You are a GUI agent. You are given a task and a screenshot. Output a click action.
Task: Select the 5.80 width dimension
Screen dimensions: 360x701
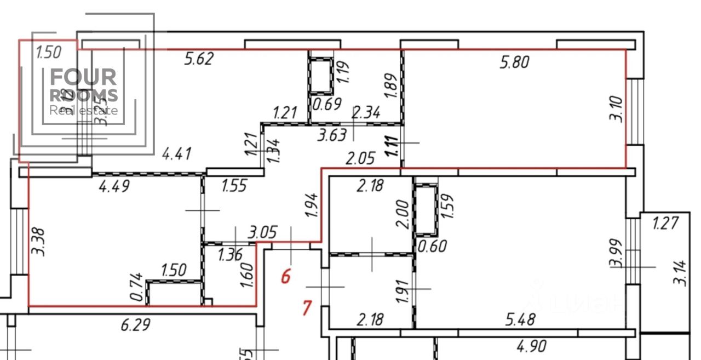tap(514, 62)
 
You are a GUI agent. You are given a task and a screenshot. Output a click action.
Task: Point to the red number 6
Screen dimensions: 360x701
tap(285, 276)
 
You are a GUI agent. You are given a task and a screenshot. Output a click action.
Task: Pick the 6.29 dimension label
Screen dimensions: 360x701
tap(136, 326)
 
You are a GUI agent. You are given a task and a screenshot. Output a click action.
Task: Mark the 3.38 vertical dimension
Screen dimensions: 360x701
tap(38, 243)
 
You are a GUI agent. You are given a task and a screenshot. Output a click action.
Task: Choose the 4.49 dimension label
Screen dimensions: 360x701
tap(114, 186)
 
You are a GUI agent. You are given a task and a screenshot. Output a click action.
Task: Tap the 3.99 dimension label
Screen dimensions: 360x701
tap(616, 253)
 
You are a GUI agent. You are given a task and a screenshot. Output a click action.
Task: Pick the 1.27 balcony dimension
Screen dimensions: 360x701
tap(666, 224)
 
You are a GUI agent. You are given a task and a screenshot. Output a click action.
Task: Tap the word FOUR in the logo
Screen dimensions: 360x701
tap(83, 78)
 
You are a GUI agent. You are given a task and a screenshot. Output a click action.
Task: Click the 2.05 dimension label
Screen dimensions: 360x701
tap(360, 159)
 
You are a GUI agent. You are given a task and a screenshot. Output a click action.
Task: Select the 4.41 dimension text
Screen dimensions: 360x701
tap(176, 154)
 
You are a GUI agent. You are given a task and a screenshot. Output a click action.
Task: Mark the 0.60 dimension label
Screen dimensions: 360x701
tap(432, 245)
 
